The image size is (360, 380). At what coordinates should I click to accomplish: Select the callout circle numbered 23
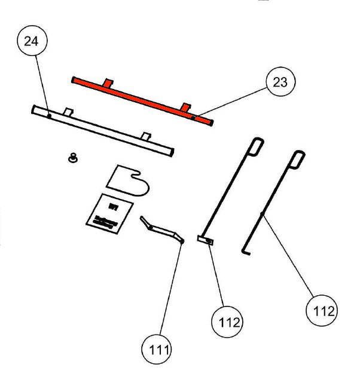tap(279, 83)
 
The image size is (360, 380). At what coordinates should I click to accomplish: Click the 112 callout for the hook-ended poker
tap(320, 311)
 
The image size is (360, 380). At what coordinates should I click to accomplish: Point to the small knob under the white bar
tap(74, 158)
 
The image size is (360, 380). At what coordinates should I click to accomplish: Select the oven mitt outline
tap(127, 179)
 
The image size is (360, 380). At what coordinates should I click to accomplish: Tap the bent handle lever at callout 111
tap(161, 229)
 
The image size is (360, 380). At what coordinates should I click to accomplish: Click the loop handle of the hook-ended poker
tap(298, 158)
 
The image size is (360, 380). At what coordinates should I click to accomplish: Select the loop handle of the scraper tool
tap(256, 145)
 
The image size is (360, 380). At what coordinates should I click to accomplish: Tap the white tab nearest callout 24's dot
tap(68, 112)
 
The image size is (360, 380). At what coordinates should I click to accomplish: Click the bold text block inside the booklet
tap(103, 219)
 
